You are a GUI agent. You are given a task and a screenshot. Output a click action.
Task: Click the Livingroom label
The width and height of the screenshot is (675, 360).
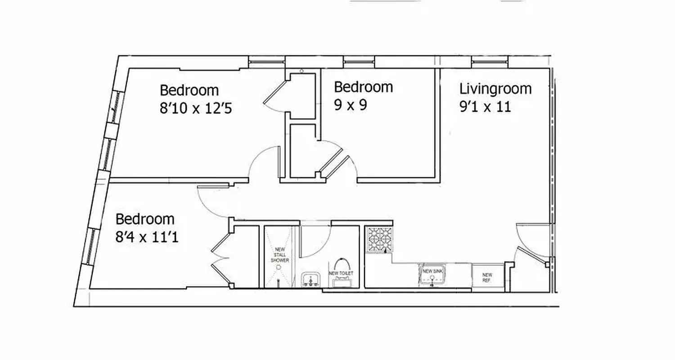pos(495,89)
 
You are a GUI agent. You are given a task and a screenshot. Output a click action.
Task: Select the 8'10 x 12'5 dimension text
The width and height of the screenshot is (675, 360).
pos(196,108)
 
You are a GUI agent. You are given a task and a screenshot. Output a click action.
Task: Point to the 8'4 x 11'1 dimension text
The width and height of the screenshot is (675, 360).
pos(147,237)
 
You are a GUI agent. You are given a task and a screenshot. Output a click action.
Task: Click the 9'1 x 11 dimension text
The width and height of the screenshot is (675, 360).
pos(485,108)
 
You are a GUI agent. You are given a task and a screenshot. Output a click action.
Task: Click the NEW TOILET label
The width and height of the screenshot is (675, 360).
pos(341,273)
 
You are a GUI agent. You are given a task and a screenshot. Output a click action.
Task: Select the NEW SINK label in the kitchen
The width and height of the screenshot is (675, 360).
pos(432,271)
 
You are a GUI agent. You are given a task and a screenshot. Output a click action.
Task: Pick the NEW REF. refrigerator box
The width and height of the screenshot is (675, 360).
pos(487,277)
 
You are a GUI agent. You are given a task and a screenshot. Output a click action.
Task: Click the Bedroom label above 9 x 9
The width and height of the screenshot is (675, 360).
pos(363,86)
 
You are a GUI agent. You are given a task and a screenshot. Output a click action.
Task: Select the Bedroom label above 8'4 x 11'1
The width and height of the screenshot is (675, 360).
pos(145,219)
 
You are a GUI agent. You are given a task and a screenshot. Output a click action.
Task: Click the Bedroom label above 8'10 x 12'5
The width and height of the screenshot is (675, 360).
pos(189,90)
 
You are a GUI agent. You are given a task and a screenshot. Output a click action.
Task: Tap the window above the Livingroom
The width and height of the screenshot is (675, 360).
pos(490,62)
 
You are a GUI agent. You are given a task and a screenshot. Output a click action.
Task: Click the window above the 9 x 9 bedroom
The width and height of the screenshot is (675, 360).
pos(359,62)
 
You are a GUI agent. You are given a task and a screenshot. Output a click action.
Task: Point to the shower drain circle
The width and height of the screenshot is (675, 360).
pos(279,267)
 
